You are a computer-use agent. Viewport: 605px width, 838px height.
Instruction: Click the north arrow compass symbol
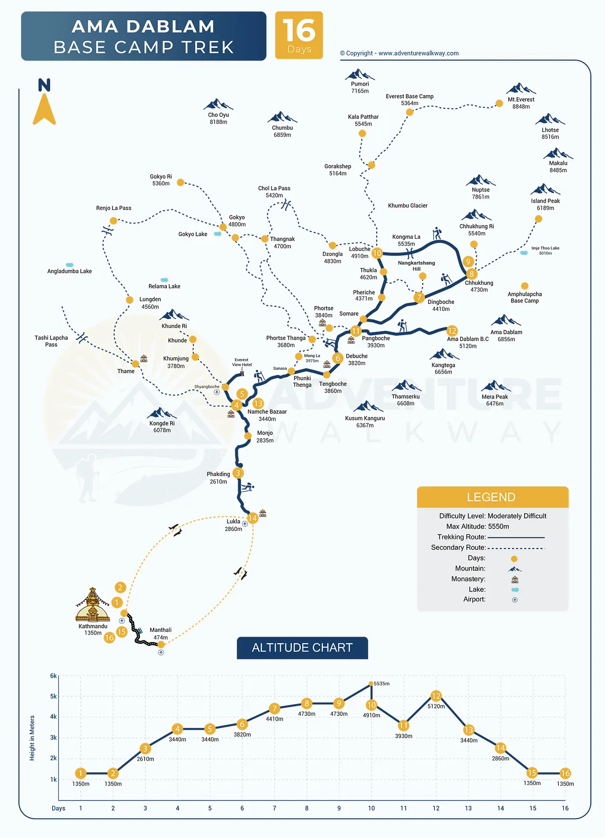[44, 102]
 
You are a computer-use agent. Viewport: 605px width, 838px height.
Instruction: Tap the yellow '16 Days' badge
[299, 35]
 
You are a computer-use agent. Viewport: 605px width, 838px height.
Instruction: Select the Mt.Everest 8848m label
[521, 103]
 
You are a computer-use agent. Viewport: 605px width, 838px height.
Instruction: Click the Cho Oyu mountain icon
[218, 104]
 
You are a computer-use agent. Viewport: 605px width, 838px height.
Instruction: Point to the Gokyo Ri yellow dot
[181, 182]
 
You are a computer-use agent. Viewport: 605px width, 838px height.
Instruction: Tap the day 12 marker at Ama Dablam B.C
[452, 331]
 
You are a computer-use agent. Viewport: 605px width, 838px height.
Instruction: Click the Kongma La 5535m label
[406, 241]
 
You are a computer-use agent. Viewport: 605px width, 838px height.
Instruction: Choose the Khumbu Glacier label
[407, 206]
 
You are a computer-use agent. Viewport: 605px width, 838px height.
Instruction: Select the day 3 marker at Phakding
[238, 473]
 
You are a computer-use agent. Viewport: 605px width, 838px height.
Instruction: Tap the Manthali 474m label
[161, 634]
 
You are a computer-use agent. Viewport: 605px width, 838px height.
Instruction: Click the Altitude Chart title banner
[302, 648]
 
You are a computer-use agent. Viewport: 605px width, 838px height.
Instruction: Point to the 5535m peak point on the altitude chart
[371, 683]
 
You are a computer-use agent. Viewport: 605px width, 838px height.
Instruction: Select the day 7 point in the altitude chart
[274, 708]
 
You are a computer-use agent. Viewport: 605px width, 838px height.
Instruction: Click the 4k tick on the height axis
[53, 717]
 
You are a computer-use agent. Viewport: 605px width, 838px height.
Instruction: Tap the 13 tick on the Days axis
[468, 808]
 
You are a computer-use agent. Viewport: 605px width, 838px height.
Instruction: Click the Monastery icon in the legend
[515, 579]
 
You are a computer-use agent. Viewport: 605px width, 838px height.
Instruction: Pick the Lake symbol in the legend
[515, 590]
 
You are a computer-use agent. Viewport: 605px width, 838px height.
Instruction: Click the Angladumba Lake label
[69, 271]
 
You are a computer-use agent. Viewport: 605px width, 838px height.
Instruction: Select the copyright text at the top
[399, 53]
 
